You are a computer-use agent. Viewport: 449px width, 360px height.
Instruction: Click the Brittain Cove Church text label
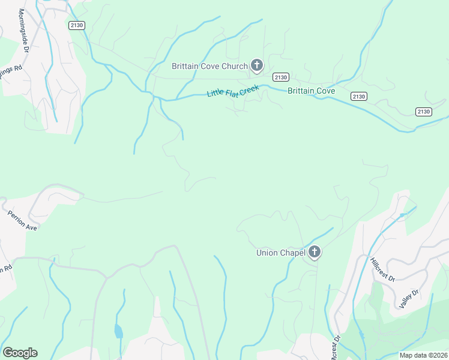[209, 66]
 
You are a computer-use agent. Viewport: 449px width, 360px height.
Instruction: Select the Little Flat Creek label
[233, 92]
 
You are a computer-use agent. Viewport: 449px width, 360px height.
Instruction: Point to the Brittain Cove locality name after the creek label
[311, 91]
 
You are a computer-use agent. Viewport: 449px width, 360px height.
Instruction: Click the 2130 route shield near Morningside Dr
[77, 25]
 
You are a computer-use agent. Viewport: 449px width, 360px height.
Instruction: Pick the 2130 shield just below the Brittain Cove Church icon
[280, 77]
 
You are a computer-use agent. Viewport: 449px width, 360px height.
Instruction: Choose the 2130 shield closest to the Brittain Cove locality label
[359, 96]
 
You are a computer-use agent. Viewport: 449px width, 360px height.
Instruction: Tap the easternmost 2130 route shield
[423, 112]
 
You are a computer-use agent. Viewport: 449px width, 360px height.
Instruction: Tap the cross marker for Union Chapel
[315, 253]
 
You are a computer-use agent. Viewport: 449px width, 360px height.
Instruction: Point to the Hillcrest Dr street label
[382, 269]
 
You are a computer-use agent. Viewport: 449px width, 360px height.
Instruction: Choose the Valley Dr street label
[407, 299]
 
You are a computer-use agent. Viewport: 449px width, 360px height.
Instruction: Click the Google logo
[20, 353]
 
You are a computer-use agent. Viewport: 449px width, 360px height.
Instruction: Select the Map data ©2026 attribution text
[423, 355]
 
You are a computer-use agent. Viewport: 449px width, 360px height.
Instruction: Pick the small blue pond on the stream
[119, 331]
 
